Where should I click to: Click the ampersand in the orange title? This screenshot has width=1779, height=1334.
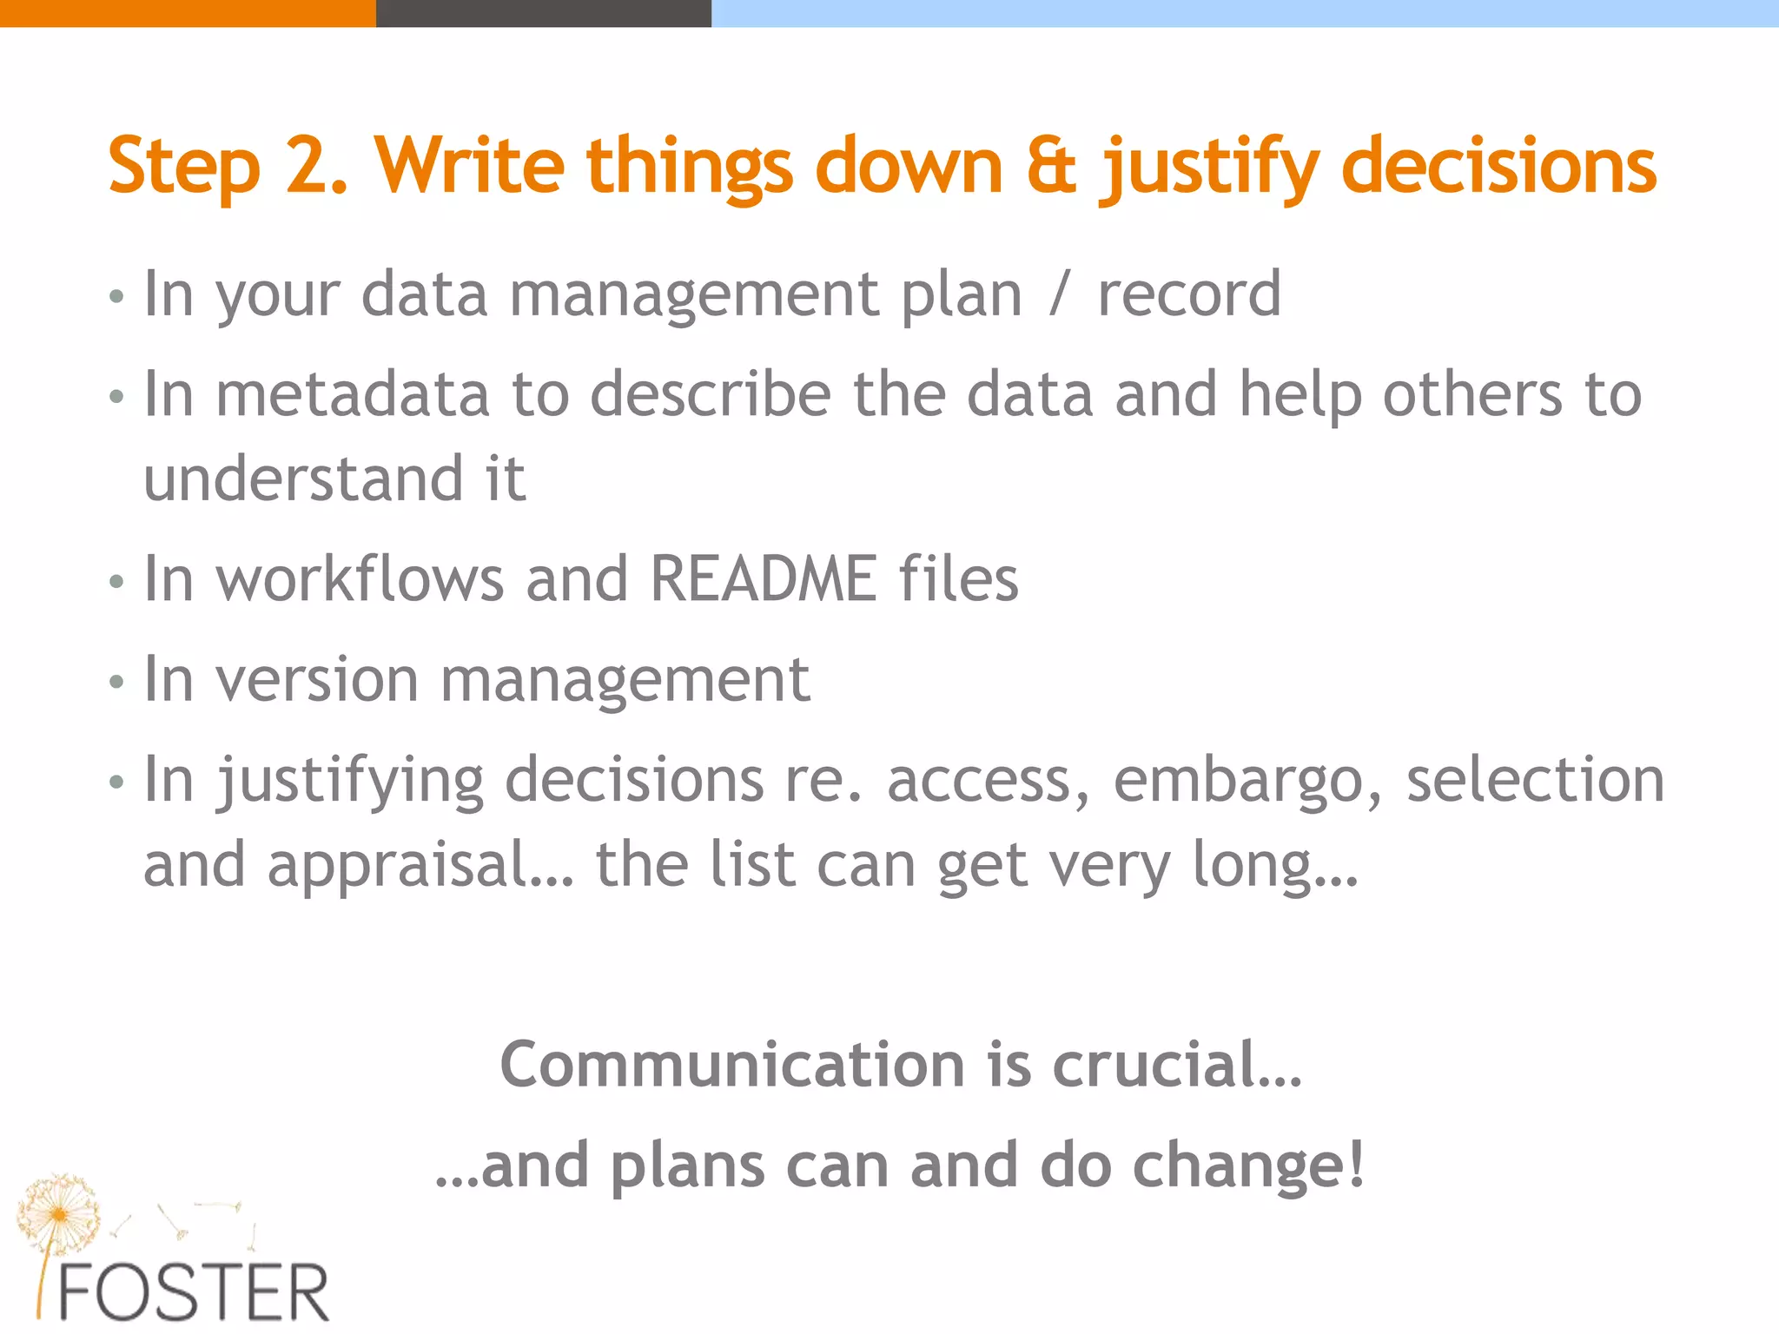1051,167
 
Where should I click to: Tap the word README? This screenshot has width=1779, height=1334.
763,579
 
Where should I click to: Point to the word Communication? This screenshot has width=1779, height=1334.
732,1065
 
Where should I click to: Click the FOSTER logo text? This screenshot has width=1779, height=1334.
193,1293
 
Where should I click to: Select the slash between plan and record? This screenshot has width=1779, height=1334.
1058,294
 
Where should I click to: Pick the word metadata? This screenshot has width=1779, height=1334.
353,395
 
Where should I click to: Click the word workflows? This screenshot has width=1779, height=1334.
360,579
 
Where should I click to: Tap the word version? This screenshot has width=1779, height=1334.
317,680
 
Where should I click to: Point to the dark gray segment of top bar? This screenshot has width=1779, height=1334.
543,13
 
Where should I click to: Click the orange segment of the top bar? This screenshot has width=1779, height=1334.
187,13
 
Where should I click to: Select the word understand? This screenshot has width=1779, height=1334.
303,479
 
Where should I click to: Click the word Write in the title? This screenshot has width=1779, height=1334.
470,167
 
